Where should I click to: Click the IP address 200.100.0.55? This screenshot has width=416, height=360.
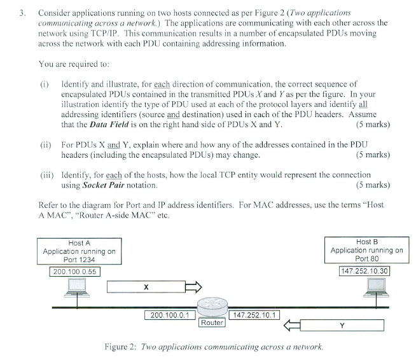tap(74, 271)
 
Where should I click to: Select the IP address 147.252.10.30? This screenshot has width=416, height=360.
tap(365, 271)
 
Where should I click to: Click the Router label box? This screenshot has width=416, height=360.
tap(212, 322)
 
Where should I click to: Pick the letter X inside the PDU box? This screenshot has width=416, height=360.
tap(146, 288)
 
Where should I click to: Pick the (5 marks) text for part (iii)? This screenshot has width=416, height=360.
tap(373, 185)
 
